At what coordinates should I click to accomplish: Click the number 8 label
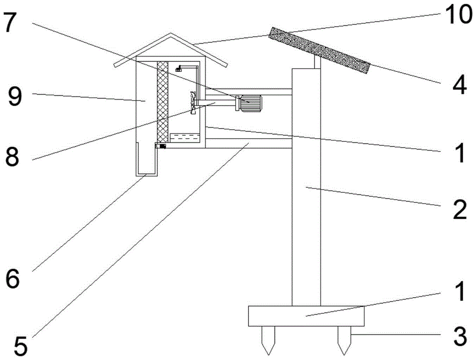(x=13, y=157)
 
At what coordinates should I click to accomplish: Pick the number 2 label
(x=459, y=210)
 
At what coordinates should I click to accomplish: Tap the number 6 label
(x=12, y=278)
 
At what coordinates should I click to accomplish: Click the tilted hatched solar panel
(x=319, y=50)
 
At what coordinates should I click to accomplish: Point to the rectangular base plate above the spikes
(x=306, y=316)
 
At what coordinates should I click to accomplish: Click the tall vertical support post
(x=306, y=190)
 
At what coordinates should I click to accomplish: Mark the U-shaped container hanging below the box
(x=146, y=162)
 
